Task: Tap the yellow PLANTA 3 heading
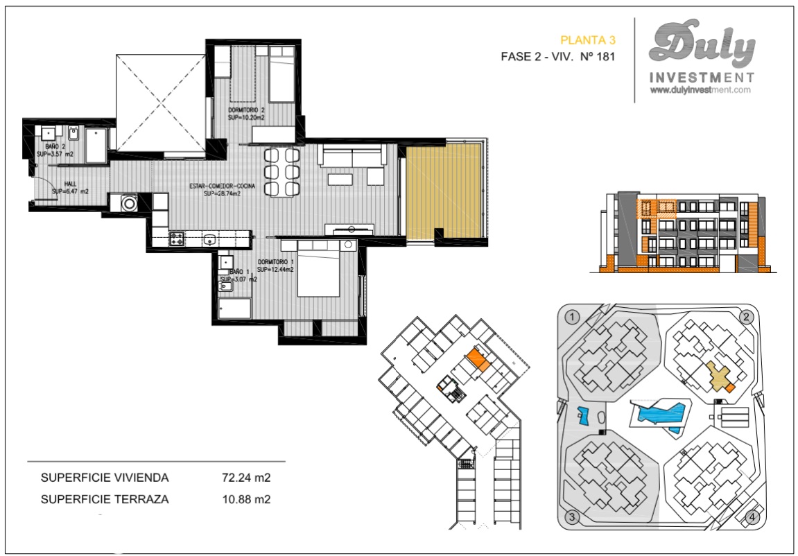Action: coord(587,41)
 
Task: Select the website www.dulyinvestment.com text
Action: coord(701,90)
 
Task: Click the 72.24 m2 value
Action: coord(245,478)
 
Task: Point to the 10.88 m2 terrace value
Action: coord(245,499)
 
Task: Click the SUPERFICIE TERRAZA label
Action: coord(105,499)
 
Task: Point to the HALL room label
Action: coord(70,184)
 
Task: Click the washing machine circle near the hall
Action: coord(128,204)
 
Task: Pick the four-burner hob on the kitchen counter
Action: coord(177,240)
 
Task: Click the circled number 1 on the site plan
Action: coord(572,318)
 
